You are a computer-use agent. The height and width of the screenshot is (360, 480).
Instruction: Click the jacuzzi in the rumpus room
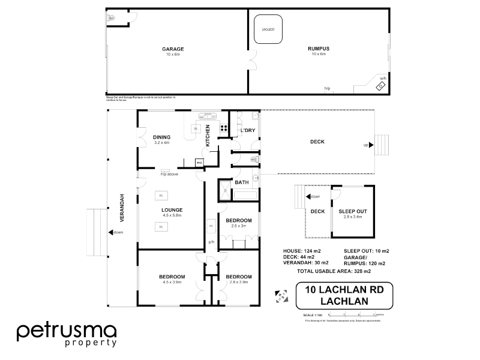pos(267,29)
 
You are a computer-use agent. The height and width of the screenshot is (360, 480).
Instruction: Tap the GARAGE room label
pos(173,49)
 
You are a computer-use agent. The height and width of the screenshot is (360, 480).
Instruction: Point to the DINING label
pos(162,137)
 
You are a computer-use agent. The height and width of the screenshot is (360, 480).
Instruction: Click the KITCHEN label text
pos(208,136)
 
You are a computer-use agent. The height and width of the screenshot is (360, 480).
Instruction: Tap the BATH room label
pos(241,182)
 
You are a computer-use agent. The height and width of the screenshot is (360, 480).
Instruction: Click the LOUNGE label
pos(172,209)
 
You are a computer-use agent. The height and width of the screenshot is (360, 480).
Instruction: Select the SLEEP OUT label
pos(353,212)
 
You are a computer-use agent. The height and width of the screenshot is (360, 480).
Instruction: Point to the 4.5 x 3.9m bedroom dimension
pos(172,281)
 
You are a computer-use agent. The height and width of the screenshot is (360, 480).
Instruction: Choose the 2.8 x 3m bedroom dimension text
pos(238,226)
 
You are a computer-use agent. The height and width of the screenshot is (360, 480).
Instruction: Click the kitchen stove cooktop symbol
pos(224,127)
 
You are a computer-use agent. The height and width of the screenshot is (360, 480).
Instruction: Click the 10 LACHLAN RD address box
pos(344,295)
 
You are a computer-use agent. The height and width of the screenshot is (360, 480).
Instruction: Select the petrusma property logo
pos(66,334)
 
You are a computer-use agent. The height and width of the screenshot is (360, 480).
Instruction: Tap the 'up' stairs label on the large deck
pos(366,145)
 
